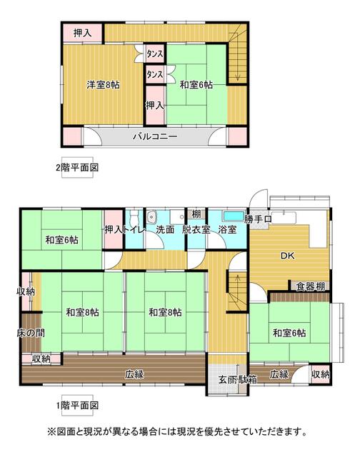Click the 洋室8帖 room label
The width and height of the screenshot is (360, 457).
pyautogui.click(x=103, y=85)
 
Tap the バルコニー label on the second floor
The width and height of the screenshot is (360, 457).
pyautogui.click(x=155, y=136)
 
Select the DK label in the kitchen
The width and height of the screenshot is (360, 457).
pyautogui.click(x=288, y=256)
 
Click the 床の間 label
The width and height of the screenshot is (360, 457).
pyautogui.click(x=31, y=333)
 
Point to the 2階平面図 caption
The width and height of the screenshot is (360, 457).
pyautogui.click(x=77, y=168)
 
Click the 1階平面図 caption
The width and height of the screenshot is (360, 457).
pyautogui.click(x=77, y=405)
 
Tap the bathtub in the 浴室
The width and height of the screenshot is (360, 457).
pyautogui.click(x=234, y=216)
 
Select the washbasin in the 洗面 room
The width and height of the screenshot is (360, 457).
pyautogui.click(x=152, y=217)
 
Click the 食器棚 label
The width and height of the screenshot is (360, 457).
pyautogui.click(x=311, y=287)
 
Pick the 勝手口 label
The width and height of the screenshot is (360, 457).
pyautogui.click(x=258, y=219)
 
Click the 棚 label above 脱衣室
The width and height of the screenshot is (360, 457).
pyautogui.click(x=196, y=214)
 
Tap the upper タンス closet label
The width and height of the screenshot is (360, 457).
pyautogui.click(x=154, y=54)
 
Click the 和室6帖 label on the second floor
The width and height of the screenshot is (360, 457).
pyautogui.click(x=196, y=85)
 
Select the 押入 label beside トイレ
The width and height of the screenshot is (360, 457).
pyautogui.click(x=114, y=230)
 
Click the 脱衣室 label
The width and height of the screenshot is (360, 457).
pyautogui.click(x=196, y=230)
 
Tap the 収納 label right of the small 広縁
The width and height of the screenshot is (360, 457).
pyautogui.click(x=321, y=374)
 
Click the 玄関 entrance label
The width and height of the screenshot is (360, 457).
pyautogui.click(x=229, y=379)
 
